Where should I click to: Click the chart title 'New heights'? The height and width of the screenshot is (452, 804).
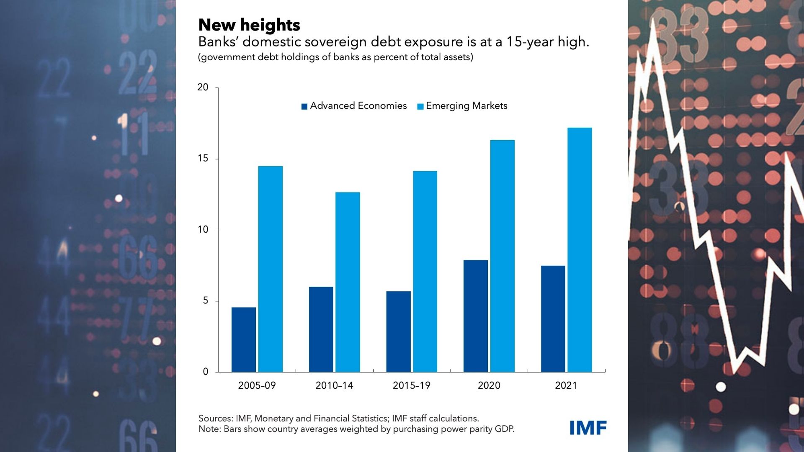click(x=249, y=25)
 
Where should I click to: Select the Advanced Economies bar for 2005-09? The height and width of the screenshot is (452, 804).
click(x=244, y=339)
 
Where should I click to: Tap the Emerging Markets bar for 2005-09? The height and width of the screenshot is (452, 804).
click(x=271, y=269)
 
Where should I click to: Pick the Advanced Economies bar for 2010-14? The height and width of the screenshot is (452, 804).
click(x=321, y=329)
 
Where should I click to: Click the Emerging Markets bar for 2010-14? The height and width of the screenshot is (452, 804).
click(x=348, y=282)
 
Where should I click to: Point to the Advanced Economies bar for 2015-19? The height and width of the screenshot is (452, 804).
click(x=398, y=331)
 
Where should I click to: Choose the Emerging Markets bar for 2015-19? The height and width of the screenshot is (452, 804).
click(x=425, y=272)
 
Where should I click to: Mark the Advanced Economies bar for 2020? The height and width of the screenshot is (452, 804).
click(x=476, y=316)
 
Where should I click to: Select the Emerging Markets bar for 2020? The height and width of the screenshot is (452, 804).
click(x=502, y=256)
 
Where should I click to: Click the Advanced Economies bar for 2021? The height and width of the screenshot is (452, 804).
click(x=553, y=319)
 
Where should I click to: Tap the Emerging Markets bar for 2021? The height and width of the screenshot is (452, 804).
click(x=580, y=250)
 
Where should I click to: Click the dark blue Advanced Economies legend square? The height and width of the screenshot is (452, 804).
click(x=304, y=106)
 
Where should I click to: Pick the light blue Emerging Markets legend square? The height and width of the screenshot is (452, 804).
click(x=420, y=106)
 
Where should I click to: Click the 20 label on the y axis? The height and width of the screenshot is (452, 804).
click(x=203, y=87)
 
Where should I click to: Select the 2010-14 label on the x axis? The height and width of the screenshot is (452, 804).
click(x=334, y=385)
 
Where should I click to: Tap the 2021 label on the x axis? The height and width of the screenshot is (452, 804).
click(x=566, y=385)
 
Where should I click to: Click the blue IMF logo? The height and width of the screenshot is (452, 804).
click(x=588, y=428)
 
